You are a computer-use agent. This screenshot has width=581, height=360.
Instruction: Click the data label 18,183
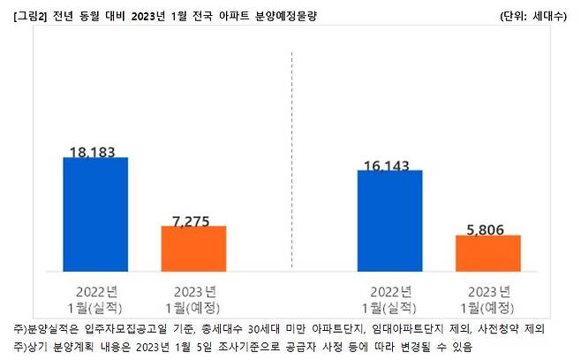click(x=94, y=152)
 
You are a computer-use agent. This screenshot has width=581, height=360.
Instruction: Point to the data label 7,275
click(x=193, y=221)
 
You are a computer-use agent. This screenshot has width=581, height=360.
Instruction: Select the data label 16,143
click(x=389, y=164)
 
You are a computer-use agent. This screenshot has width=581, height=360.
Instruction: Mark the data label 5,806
click(x=487, y=229)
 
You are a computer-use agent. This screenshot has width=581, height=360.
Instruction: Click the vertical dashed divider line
click(x=292, y=159)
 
